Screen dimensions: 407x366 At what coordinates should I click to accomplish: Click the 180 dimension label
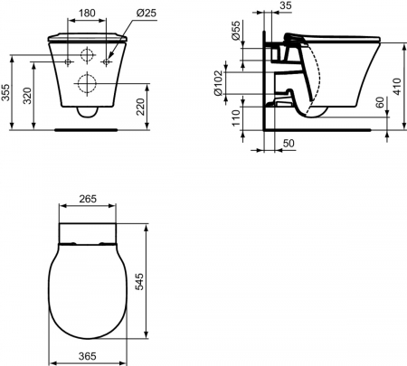point(87,13)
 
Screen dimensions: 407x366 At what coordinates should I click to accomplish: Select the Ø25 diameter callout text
point(147,13)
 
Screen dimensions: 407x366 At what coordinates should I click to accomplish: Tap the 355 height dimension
point(5,92)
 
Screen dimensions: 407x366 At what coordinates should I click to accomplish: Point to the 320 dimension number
point(27,96)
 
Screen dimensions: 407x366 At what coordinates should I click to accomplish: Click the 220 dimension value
point(140,107)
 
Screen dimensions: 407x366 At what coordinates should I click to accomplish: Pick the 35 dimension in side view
point(286,5)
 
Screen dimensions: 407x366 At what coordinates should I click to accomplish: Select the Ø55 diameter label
point(236,30)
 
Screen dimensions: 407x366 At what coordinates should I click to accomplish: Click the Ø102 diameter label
point(218,83)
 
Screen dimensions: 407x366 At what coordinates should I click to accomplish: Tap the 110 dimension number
point(236,117)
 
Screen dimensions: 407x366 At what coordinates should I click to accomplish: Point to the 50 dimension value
point(289,143)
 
